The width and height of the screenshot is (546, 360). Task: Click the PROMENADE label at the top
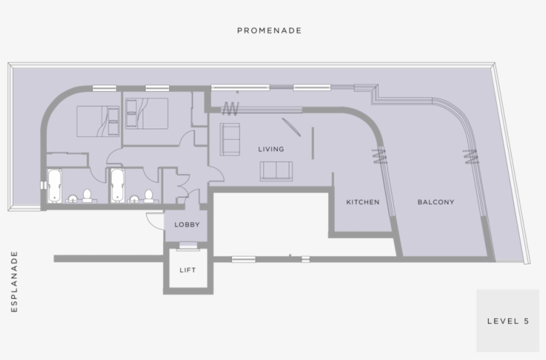[x=270, y=31]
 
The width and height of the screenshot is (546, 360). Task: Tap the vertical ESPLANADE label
[x=15, y=281]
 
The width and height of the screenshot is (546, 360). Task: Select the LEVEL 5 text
[x=507, y=321]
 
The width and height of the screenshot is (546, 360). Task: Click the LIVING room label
[x=271, y=149]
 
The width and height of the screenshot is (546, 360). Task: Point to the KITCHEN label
[x=362, y=202]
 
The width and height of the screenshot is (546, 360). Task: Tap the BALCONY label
[x=435, y=202]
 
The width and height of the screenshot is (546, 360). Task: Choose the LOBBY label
[x=187, y=225]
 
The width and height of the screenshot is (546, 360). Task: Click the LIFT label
[x=187, y=270]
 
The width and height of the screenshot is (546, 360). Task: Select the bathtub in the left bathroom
[x=55, y=186]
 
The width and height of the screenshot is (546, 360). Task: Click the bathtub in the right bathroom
[x=118, y=186]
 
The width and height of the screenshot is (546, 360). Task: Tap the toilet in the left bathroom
[x=86, y=196]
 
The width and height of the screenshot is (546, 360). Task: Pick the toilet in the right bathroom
[x=148, y=196]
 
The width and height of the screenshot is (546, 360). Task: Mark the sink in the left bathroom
[x=72, y=198]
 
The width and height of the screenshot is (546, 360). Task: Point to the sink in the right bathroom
[x=135, y=198]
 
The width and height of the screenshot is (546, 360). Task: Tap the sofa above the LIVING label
[x=231, y=138]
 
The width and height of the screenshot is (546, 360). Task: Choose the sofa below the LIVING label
[x=276, y=171]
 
